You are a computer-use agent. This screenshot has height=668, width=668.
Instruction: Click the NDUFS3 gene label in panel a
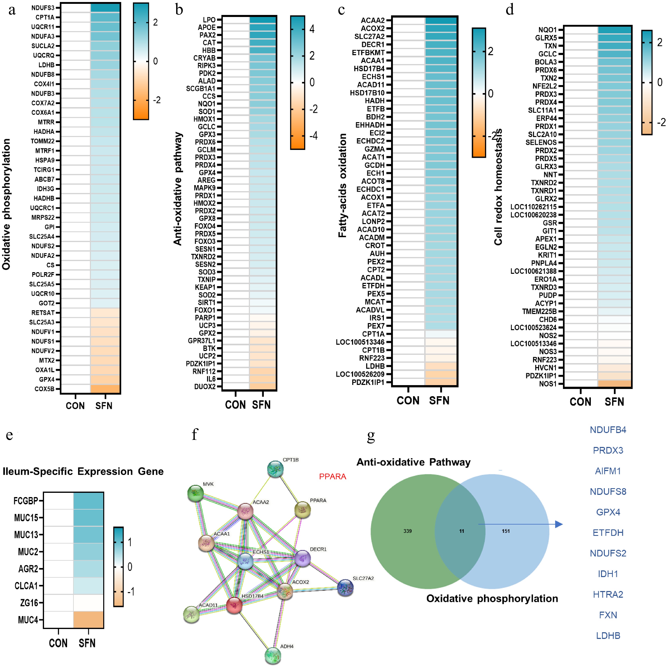tap(43, 8)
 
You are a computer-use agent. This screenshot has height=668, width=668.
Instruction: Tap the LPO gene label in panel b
tap(209, 20)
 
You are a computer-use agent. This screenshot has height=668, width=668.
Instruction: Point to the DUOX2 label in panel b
tap(205, 386)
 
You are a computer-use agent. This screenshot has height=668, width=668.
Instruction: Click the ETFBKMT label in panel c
tap(368, 53)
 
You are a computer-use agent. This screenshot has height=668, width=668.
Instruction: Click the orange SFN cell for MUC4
tap(88, 620)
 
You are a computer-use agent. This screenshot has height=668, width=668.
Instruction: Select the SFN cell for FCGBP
tap(88, 500)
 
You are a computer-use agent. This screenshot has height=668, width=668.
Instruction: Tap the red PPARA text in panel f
tap(332, 476)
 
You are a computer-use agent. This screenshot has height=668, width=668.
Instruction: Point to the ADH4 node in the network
tap(273, 655)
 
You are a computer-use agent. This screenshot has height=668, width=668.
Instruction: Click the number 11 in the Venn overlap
tap(462, 531)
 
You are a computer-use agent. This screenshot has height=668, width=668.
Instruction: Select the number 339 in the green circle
tap(407, 531)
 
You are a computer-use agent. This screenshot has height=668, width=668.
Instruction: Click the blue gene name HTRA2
tap(608, 594)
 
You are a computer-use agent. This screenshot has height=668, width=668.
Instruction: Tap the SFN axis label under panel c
tap(439, 401)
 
